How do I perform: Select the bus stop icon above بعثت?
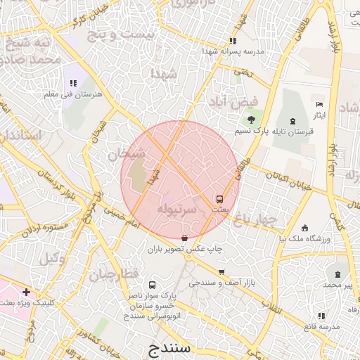coord(219,199)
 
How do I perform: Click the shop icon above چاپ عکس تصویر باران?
coord(185,238)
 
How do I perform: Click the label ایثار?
coord(320,114)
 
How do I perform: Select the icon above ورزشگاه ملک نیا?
coord(304,227)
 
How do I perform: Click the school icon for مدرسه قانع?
coord(321,316)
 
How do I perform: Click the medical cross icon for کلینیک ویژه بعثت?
coord(26,291)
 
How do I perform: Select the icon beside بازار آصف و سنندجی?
coord(222,272)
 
